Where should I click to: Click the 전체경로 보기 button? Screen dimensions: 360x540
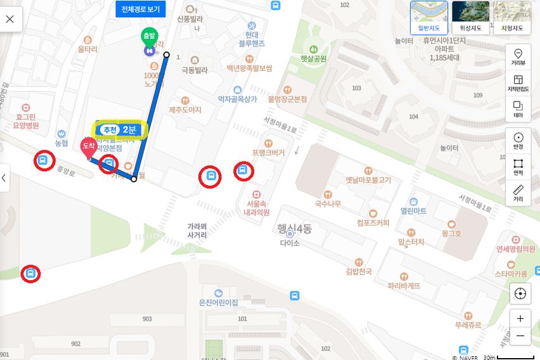click(140, 9)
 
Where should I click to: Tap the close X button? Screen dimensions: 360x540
click(10, 18)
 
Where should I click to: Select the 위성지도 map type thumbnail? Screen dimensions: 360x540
click(470, 17)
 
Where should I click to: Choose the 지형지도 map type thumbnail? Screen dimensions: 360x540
click(512, 17)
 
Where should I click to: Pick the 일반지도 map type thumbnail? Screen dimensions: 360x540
click(428, 17)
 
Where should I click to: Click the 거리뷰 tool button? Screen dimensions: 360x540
click(518, 56)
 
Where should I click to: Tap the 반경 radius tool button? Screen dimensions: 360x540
click(518, 141)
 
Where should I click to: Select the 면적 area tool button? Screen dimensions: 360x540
click(518, 167)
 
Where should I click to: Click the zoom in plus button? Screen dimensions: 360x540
click(520, 319)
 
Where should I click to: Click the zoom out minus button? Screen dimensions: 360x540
click(520, 335)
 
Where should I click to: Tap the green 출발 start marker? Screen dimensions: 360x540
click(148, 36)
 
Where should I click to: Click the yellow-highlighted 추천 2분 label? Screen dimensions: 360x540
click(120, 129)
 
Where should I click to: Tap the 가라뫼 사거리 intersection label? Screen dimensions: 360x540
click(197, 230)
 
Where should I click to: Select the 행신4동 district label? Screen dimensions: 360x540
click(294, 229)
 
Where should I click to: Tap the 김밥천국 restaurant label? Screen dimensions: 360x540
click(359, 271)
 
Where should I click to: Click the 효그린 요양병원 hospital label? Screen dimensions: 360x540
click(27, 120)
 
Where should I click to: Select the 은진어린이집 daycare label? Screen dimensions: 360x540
click(219, 302)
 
